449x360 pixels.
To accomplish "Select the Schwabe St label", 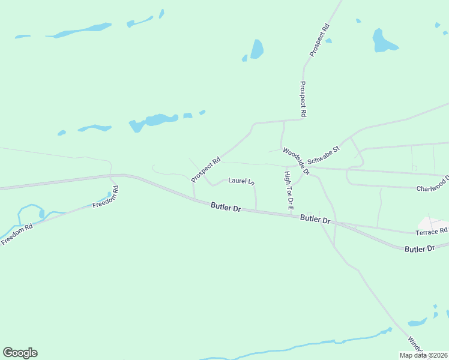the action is coord(324,155).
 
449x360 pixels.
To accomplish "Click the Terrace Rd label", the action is coord(432,231).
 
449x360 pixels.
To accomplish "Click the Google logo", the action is coord(20,353).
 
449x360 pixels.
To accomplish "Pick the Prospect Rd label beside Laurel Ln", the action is coord(206,170).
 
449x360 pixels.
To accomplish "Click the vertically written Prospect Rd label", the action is coord(303,99).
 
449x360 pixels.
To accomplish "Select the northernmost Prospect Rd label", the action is coord(320,40).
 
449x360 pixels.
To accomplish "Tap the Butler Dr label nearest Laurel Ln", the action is coord(226,208).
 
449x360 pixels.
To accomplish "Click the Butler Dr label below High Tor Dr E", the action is coord(316,220).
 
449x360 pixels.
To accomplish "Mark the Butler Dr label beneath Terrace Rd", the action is coord(419,248).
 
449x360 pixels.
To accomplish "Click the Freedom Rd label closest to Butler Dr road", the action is coord(106,197).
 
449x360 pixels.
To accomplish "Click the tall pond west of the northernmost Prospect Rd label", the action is coord(257,49).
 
